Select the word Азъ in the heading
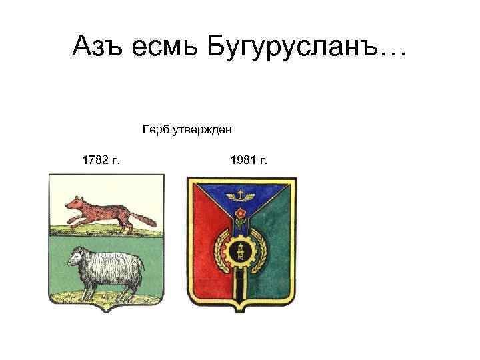click(x=97, y=45)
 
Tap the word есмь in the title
click(x=165, y=48)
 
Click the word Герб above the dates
click(x=156, y=129)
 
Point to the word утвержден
click(x=203, y=129)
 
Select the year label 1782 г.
click(x=101, y=160)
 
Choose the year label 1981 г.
click(x=249, y=160)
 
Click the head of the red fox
click(x=75, y=203)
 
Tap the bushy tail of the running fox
click(x=145, y=219)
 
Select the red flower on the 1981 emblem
click(x=241, y=213)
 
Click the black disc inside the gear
click(x=240, y=251)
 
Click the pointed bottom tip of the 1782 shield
click(x=106, y=312)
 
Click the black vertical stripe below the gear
click(x=240, y=285)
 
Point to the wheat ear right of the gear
click(x=260, y=251)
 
